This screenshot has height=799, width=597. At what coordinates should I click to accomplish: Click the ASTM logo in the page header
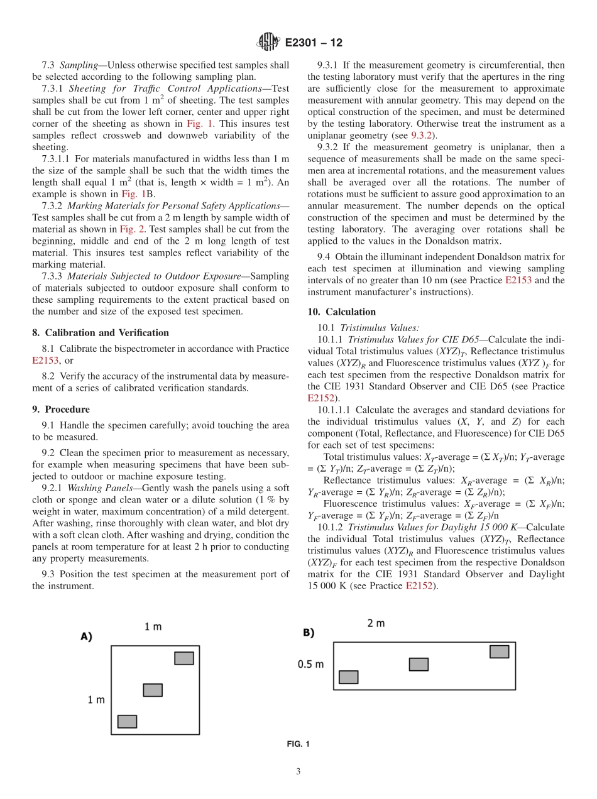[268, 43]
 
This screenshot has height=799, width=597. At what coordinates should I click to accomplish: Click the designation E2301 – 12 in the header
[314, 43]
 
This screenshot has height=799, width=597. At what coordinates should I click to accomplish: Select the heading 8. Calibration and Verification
[101, 332]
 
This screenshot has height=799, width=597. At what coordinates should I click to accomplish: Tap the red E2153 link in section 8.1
[45, 361]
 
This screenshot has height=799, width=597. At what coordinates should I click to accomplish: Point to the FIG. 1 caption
[298, 744]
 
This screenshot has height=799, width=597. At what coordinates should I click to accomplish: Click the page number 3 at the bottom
[298, 771]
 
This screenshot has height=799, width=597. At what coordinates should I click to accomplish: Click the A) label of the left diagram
[86, 636]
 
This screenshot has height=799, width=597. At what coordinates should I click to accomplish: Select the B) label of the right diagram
[309, 633]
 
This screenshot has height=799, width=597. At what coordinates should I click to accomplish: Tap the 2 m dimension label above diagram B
[376, 622]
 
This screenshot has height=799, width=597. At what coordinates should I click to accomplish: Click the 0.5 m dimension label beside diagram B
[311, 664]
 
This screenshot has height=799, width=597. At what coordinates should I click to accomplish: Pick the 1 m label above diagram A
[153, 626]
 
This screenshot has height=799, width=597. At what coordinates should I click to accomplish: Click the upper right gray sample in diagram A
[184, 658]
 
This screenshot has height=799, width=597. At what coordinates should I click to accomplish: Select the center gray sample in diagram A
[153, 690]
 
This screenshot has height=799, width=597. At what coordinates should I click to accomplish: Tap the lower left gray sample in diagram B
[348, 677]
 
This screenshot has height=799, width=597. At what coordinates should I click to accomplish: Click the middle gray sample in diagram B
[419, 664]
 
